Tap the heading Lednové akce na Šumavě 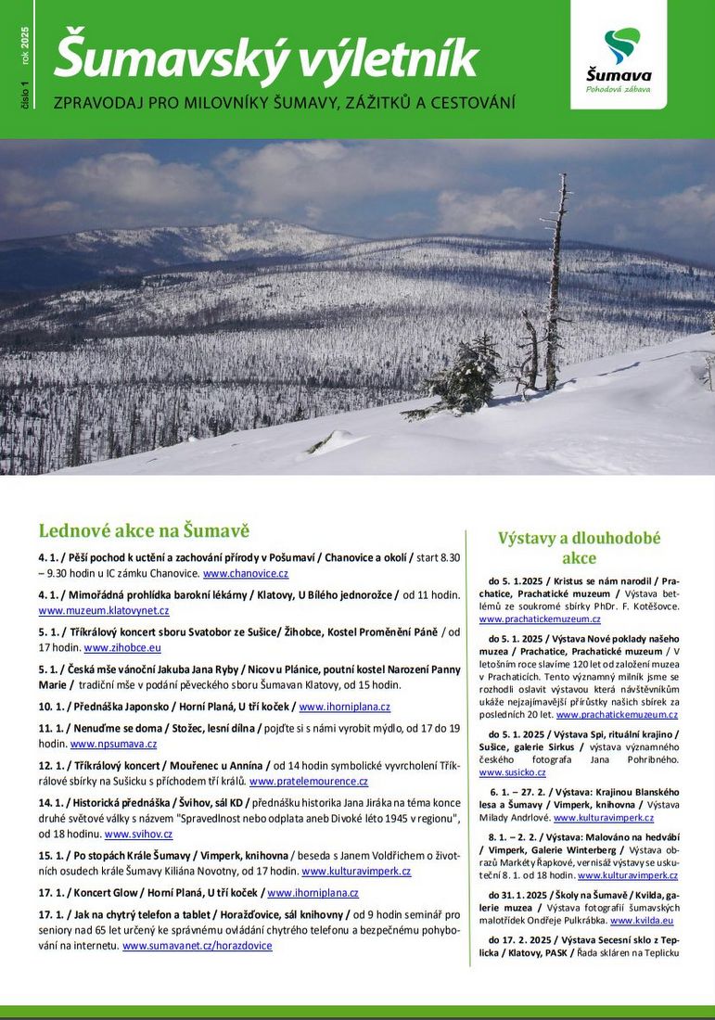point(144,530)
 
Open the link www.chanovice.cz point(246,574)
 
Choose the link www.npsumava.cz point(114,744)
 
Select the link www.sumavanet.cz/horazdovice point(198,946)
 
